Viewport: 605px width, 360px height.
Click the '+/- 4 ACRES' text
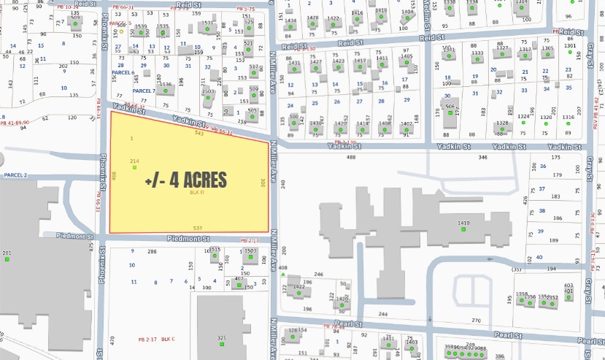[x=185, y=180]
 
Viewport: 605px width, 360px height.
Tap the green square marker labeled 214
[x=134, y=168]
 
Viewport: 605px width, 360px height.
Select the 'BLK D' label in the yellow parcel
[x=195, y=194]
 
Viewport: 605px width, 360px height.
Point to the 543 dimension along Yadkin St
[x=199, y=133]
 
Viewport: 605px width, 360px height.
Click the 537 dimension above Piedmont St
[x=197, y=229]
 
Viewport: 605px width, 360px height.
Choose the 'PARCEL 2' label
[x=15, y=175]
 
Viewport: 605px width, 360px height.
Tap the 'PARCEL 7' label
[x=144, y=91]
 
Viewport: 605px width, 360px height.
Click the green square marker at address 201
[x=7, y=260]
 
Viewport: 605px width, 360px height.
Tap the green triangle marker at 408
[x=282, y=275]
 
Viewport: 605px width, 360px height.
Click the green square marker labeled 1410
[x=463, y=230]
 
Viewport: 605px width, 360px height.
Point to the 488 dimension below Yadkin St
[x=351, y=157]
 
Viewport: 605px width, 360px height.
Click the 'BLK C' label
[x=169, y=340]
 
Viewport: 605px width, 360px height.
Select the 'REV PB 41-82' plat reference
[x=596, y=113]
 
